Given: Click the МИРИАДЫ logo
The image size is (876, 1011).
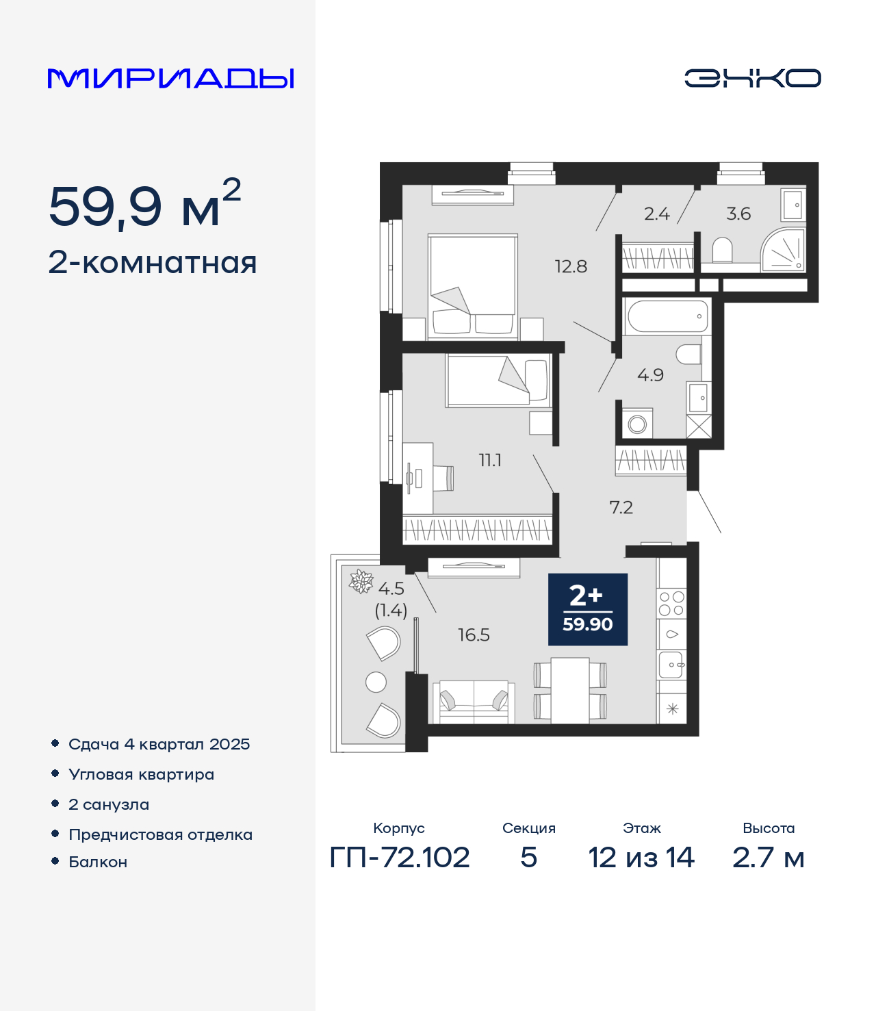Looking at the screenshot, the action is point(170,78).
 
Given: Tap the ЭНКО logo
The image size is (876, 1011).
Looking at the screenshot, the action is point(752,78).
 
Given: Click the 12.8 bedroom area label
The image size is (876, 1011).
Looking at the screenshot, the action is point(571,266).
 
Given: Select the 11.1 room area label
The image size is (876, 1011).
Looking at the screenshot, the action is point(490,460).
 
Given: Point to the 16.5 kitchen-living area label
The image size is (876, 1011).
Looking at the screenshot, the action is point(474,635).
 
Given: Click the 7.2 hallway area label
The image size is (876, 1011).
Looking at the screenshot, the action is point(621,508).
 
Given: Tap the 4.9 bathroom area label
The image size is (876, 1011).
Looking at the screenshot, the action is point(650,375).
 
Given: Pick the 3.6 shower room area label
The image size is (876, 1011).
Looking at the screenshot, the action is point(738,214).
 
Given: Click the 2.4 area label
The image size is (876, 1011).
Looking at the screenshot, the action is point(656,214).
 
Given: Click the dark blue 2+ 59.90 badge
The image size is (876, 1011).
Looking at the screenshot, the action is point(587,609).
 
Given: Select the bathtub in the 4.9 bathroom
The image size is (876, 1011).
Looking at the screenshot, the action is point(667,316).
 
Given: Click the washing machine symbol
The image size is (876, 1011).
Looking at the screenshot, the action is point(637,424).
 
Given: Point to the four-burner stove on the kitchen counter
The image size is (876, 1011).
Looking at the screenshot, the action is point(671,603).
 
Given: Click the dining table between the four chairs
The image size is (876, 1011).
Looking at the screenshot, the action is point(570,691).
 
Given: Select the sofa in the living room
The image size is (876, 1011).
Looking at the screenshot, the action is point(474,702).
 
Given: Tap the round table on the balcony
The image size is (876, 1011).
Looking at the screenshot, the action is point(376,682).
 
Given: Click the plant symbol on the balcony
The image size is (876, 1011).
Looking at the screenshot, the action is point(361,582).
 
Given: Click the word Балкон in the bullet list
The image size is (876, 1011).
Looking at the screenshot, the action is point(98,862).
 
